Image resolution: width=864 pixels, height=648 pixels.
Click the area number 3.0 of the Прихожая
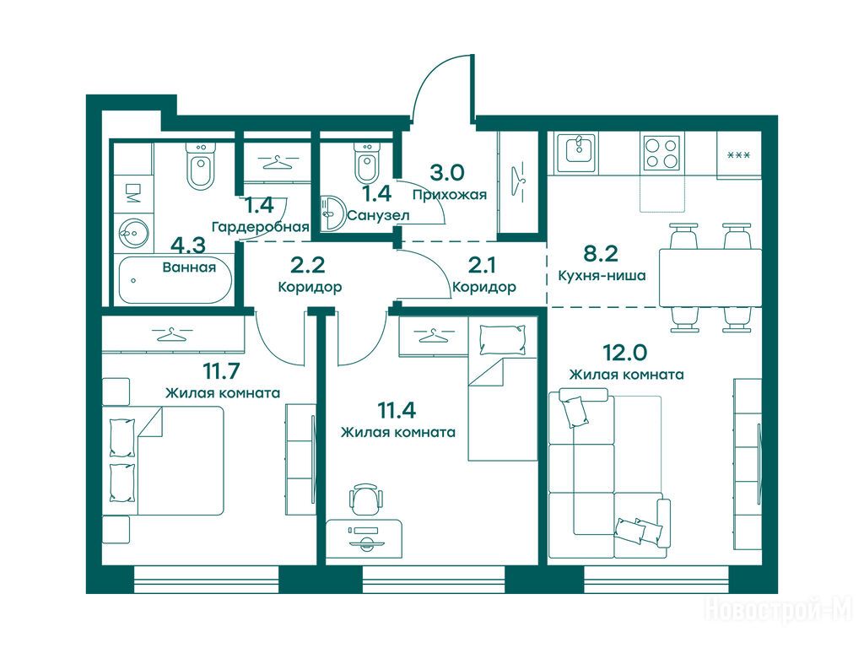pos(447,172)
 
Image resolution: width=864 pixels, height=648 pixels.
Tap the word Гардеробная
pos(261,226)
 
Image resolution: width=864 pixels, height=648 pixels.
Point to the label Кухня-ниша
pos(602,275)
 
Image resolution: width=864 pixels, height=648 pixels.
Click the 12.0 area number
pos(625,352)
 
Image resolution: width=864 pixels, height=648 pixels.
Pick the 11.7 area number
pos(222,371)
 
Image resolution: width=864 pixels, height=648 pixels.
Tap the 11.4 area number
pos(397,410)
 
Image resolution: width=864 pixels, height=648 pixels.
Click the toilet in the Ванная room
pos(199,165)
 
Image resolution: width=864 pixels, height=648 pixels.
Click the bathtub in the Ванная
pos(175,280)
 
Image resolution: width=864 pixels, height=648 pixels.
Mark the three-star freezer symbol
pos(738,155)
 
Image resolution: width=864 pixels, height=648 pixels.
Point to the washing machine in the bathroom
pos(132,193)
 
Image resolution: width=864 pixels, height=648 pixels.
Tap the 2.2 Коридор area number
pos(307,266)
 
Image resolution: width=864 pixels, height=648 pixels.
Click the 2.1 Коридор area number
pos(482,266)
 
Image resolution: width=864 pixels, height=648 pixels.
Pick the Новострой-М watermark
pos(779,610)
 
